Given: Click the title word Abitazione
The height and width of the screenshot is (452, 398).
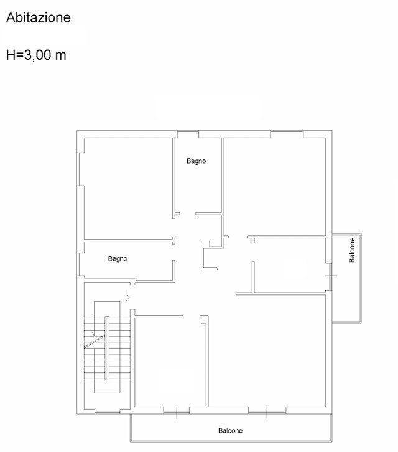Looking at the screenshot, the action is (x=39, y=17).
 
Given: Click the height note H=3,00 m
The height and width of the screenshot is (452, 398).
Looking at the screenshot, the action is (x=36, y=55).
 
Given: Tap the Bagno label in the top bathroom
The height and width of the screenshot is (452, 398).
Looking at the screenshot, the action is (x=196, y=161).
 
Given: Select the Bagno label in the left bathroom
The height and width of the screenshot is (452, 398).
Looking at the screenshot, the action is (x=118, y=258).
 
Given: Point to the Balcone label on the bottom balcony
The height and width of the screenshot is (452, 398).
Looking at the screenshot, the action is (x=230, y=431).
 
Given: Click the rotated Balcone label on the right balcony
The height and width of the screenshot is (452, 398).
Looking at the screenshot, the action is (x=352, y=250).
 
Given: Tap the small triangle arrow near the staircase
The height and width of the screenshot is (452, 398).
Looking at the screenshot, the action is (x=127, y=297).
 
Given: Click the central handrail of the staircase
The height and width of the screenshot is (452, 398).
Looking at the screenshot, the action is (x=107, y=348).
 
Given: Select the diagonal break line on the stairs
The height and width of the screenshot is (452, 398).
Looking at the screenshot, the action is (x=95, y=341).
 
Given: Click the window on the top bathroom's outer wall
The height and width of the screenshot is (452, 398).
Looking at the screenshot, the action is (x=188, y=132).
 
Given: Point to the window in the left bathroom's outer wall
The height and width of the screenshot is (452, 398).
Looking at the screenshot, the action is (x=78, y=265).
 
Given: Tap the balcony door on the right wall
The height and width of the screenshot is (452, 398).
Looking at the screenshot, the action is (x=331, y=276).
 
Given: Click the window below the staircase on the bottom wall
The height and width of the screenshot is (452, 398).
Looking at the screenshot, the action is (x=107, y=413).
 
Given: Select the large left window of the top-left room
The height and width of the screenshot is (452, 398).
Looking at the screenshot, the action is (x=78, y=169).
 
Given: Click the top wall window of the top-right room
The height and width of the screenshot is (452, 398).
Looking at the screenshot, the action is (x=287, y=132).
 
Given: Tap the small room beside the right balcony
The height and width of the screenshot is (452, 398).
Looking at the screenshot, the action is (x=290, y=265).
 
